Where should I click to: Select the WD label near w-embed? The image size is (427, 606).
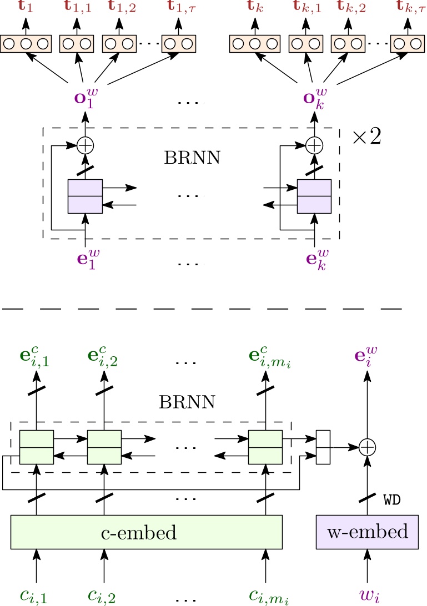392,500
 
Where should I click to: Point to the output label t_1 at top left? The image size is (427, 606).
26,8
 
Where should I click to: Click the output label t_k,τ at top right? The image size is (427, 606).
407,8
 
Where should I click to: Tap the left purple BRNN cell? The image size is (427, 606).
85,196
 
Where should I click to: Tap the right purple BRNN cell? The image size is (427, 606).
314,196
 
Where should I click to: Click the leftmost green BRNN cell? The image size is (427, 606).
37,447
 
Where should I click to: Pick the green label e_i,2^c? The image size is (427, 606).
103,358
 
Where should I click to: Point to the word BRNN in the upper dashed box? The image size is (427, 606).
192,158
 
